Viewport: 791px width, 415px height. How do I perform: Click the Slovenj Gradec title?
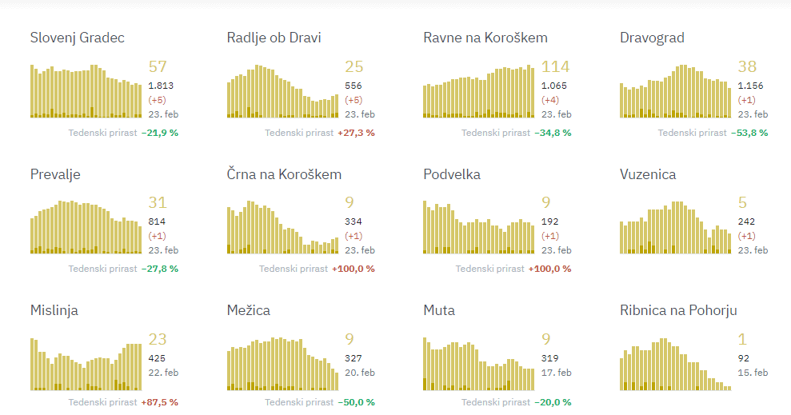tap(77, 38)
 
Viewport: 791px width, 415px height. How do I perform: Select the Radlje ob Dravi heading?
tap(274, 38)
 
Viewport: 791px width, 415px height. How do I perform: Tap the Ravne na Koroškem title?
tap(485, 38)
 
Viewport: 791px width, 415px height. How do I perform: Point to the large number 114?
tap(556, 66)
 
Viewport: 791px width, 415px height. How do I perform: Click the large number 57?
tap(158, 66)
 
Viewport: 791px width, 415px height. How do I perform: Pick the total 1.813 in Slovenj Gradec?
tap(161, 85)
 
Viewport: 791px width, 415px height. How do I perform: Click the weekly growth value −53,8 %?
tap(749, 133)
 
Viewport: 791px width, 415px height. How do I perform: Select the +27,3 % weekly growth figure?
tap(356, 133)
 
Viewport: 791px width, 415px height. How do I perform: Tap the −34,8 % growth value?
tap(553, 133)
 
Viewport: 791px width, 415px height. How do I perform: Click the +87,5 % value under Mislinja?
tap(159, 402)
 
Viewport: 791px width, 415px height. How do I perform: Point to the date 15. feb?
tap(753, 373)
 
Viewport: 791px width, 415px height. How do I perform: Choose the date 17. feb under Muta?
tap(556, 373)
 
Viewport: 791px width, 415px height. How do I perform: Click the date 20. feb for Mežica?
tap(359, 373)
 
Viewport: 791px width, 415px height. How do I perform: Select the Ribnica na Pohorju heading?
tap(678, 310)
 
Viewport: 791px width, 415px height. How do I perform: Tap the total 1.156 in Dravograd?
tap(750, 85)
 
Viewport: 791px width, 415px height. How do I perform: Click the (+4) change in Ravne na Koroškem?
tap(550, 100)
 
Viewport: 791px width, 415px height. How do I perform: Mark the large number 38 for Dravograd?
tap(747, 66)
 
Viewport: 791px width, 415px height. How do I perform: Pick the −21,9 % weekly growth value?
tap(159, 133)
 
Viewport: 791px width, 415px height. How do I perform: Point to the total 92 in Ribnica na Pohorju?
tap(744, 357)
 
